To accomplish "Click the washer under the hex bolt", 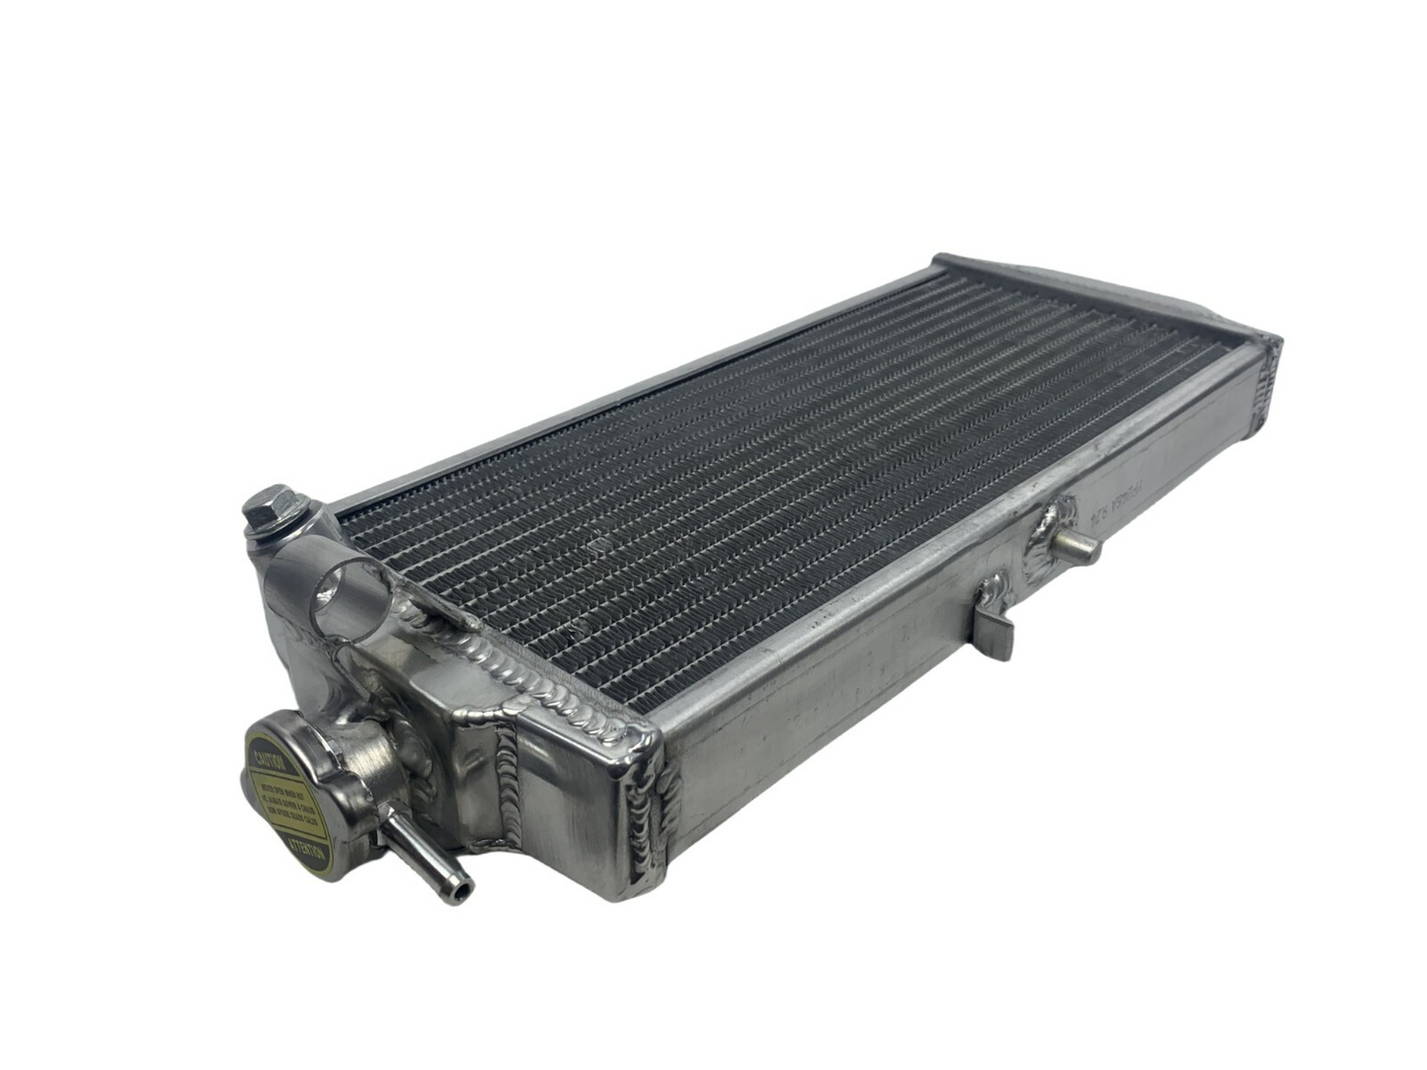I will click(x=271, y=533).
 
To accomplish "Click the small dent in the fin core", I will click(x=595, y=543).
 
